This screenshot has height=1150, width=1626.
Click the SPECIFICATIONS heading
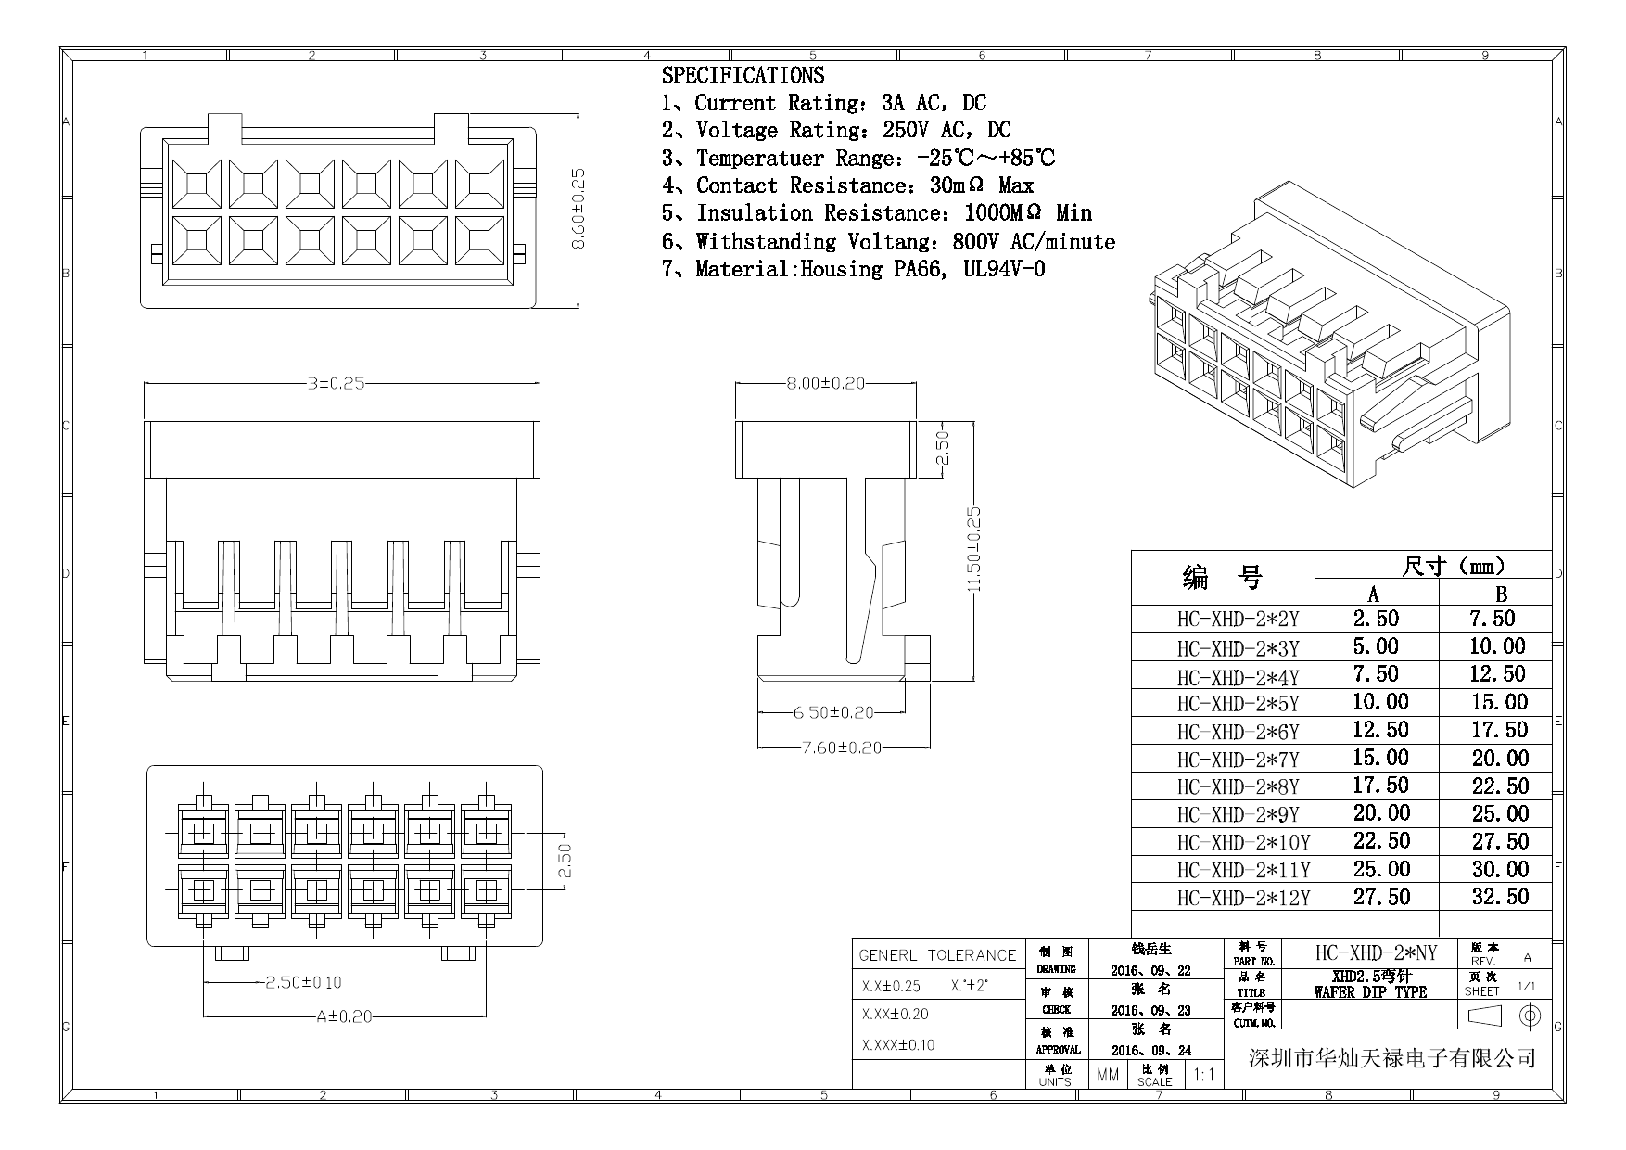coord(743,75)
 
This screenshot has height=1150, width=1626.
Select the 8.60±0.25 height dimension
coord(578,209)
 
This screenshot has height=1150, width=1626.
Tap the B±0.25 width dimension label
coord(337,383)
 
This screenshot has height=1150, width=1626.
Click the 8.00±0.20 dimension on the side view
coord(825,383)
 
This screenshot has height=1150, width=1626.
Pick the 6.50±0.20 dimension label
coord(833,712)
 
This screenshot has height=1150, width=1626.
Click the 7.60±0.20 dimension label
coord(841,747)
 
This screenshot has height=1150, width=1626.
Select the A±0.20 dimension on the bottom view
coord(344,1016)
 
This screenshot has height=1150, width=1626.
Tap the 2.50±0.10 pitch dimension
coord(303,982)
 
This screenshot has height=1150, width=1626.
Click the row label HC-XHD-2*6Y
coord(1238,732)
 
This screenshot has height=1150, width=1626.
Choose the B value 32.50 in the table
coord(1499,897)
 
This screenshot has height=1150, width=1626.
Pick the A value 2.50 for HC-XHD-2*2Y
coord(1376,619)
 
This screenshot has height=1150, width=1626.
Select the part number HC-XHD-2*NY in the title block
coord(1376,952)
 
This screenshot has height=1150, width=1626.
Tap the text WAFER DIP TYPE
coord(1370,992)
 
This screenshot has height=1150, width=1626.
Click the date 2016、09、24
coord(1150,1051)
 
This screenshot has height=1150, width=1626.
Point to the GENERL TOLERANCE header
coord(937,954)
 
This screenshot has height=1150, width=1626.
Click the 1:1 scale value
coord(1204,1075)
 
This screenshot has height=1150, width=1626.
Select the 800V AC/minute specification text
coord(1034,242)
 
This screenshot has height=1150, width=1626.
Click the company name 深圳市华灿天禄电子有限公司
coord(1392,1057)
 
